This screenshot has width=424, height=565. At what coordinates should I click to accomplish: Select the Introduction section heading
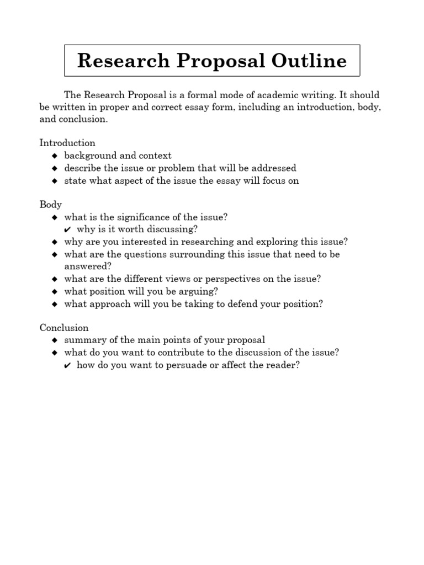67,143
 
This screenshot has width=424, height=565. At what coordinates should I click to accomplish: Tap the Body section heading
51,204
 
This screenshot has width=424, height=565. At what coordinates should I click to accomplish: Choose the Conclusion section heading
64,328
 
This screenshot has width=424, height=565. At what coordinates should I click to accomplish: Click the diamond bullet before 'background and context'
54,156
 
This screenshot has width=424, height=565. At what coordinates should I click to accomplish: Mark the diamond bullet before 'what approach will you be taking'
54,304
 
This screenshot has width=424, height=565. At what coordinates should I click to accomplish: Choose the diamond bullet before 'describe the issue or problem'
54,168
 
